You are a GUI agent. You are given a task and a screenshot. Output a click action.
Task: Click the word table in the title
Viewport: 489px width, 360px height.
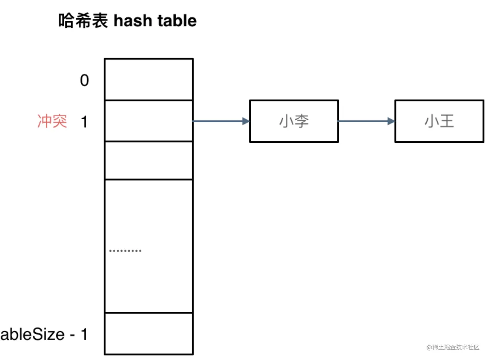(177, 21)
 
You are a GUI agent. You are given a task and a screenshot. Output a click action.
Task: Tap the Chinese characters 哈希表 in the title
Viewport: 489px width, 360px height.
(83, 21)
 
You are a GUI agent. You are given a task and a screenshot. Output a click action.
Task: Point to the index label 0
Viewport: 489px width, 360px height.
(85, 80)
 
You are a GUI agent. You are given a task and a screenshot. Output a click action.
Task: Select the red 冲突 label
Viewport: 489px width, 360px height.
(52, 121)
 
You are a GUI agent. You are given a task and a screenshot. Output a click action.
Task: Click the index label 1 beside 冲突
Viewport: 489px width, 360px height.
(84, 122)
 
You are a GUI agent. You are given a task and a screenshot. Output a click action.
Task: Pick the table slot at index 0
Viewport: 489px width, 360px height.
(149, 80)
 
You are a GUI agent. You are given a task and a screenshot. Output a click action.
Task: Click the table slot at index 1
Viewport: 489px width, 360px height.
(149, 121)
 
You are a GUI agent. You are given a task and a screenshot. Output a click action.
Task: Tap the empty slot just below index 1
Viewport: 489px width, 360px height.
(149, 161)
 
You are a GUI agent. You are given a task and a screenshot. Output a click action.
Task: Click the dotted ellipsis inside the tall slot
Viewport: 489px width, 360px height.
(125, 251)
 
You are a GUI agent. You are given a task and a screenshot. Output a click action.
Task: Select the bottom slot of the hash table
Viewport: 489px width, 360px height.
(149, 334)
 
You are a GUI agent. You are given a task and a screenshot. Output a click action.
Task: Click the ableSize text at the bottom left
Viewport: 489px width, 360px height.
(32, 334)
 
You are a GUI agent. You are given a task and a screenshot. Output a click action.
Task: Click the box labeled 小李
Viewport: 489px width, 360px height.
(294, 121)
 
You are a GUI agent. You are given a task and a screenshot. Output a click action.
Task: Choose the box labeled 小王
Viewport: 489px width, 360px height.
(439, 121)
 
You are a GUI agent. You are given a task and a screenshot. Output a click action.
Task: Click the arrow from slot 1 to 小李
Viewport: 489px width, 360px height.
(221, 121)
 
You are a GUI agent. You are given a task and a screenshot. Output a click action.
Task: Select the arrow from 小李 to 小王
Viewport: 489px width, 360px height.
(366, 121)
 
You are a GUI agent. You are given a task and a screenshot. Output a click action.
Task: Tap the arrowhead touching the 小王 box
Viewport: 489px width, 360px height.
(391, 121)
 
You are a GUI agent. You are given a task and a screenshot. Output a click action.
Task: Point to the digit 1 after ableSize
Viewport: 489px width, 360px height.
(84, 334)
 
